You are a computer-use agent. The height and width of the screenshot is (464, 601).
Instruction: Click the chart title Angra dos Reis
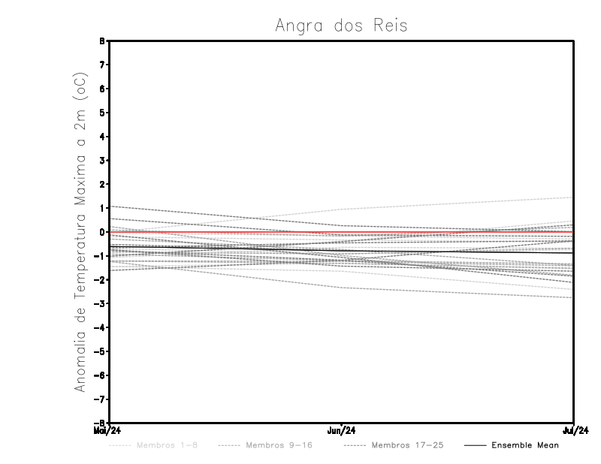click(341, 26)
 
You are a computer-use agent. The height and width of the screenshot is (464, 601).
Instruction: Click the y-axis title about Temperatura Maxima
click(80, 232)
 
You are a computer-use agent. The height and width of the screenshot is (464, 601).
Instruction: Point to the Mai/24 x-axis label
click(107, 430)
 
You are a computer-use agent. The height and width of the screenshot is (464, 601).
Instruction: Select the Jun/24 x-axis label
click(341, 430)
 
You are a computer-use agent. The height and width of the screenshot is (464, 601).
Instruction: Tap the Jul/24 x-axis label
click(575, 430)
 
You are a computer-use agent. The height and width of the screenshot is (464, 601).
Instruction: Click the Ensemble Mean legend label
click(525, 445)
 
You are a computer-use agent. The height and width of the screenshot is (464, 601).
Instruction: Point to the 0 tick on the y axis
click(102, 232)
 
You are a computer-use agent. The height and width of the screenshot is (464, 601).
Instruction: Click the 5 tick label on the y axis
click(102, 113)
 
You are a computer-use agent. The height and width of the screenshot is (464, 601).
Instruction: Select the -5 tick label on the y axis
click(101, 351)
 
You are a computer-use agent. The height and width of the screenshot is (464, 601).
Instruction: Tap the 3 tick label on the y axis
click(102, 161)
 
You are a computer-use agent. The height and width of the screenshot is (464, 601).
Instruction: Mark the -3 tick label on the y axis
click(101, 304)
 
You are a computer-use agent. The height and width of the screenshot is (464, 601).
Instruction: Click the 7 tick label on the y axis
click(102, 65)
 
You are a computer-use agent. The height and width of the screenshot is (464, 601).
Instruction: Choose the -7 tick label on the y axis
click(101, 399)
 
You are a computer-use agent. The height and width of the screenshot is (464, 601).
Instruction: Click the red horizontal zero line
click(225, 232)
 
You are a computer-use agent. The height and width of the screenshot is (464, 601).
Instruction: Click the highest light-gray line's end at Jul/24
click(573, 197)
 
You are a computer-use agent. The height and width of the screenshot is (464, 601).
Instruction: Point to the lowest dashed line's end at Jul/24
click(573, 298)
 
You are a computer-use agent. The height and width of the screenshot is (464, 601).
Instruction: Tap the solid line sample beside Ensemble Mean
click(475, 445)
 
